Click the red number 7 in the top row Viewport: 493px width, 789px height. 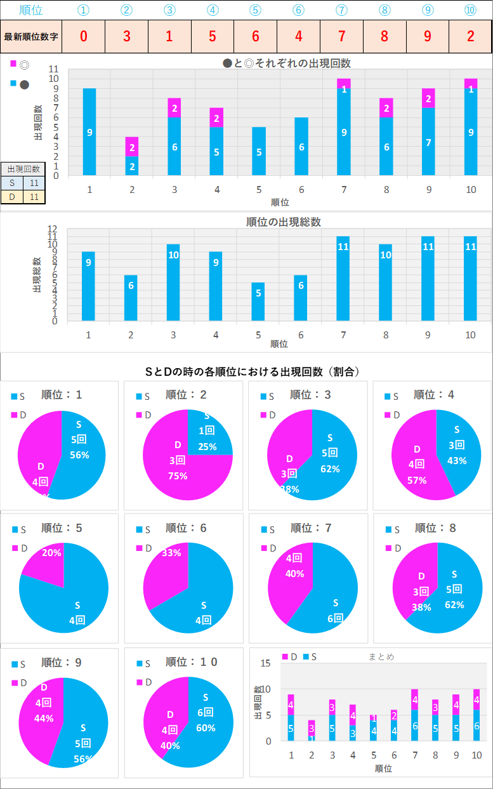(341, 36)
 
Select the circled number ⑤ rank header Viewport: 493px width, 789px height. (255, 10)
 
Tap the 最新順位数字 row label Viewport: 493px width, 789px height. (31, 36)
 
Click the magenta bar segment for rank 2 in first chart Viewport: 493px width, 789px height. (131, 146)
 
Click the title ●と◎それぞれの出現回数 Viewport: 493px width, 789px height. (287, 63)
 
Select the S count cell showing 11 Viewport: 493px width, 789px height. (34, 183)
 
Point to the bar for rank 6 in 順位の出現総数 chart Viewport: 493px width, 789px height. (301, 298)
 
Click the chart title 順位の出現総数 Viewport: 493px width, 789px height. (284, 222)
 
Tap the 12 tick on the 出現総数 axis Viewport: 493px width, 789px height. (54, 229)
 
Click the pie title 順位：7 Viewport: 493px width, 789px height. (311, 527)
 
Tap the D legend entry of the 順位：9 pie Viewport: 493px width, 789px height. (19, 682)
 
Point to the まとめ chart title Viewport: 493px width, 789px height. (381, 657)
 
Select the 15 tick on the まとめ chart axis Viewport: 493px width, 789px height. (266, 663)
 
